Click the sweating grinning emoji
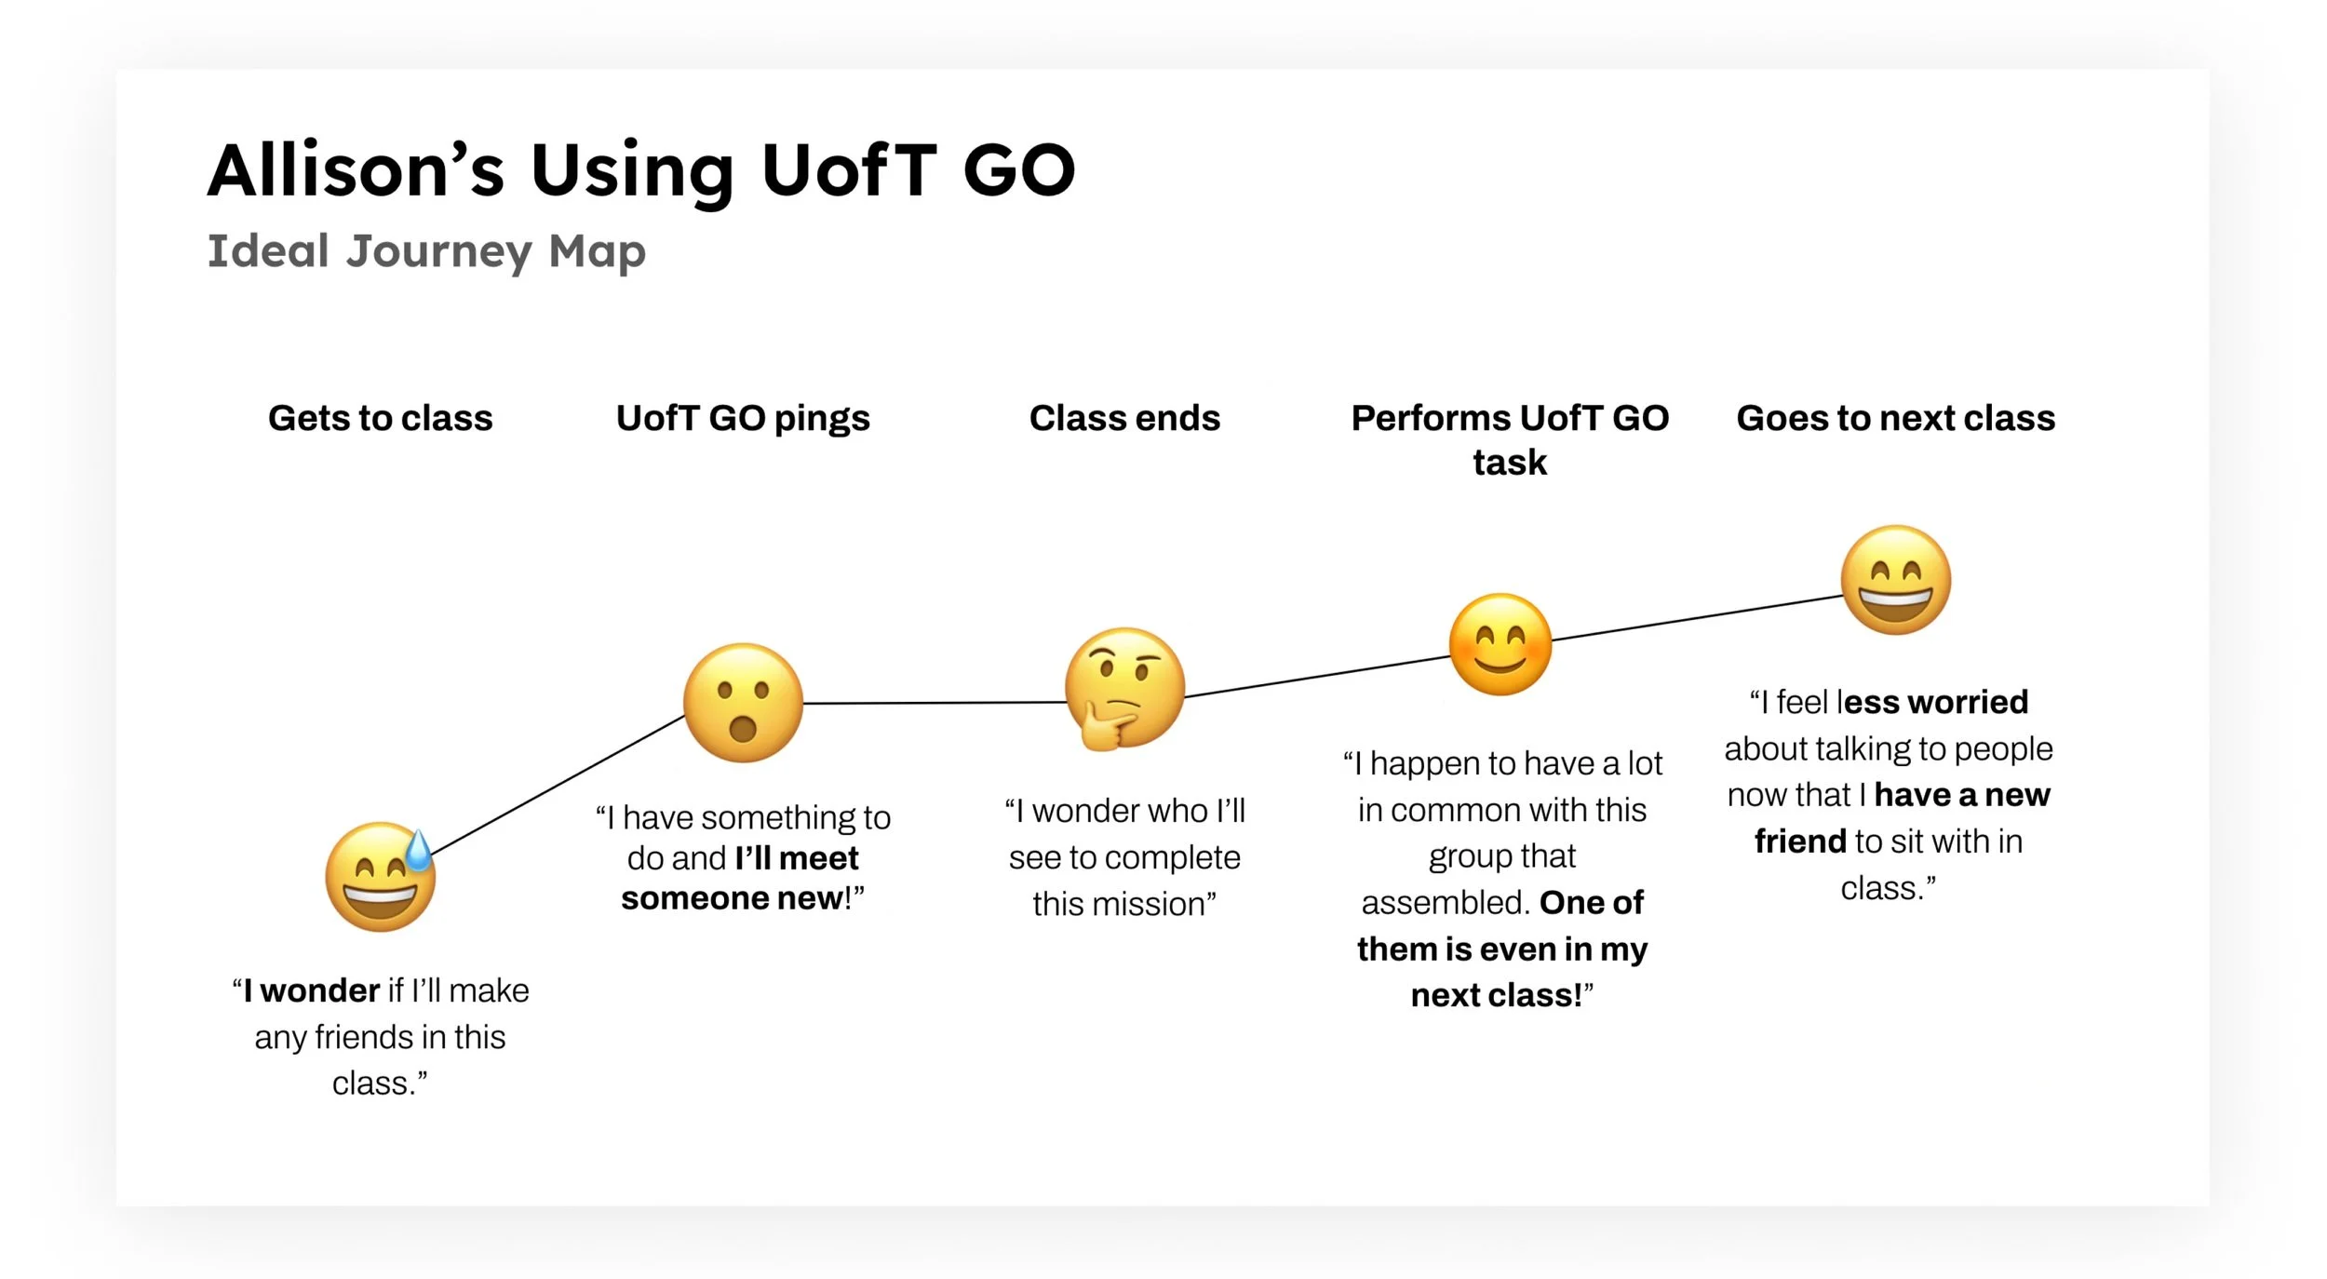point(380,877)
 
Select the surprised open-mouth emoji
point(743,703)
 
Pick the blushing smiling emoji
point(1500,644)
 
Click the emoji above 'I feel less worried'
point(1896,580)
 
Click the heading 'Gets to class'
point(380,418)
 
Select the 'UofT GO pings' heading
point(743,418)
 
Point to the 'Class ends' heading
point(1124,418)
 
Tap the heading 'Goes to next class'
point(1895,418)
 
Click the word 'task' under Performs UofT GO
point(1509,462)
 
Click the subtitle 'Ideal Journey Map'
point(426,251)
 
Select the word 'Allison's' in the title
point(356,170)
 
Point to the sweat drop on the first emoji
point(419,851)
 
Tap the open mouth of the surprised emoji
point(743,727)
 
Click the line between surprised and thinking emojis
point(934,703)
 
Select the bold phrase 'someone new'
point(732,898)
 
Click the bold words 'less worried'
point(1934,702)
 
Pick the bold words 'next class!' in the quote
point(1496,995)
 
